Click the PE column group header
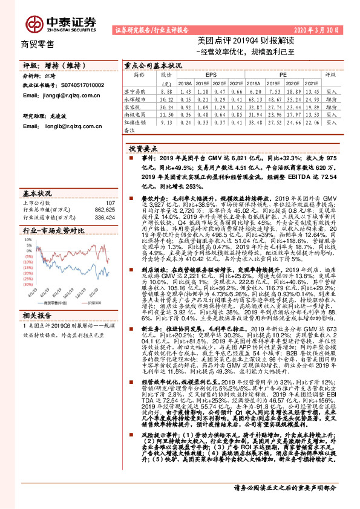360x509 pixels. coord(284,76)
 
